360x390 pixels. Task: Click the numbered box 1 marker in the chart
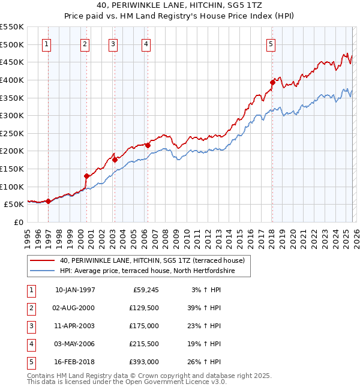pos(47,44)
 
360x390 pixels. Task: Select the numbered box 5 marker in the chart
pos(271,44)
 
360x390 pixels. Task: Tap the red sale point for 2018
pos(272,82)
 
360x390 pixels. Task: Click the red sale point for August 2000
pos(86,176)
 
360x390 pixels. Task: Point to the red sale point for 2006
pos(148,145)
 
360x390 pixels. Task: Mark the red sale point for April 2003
pos(115,160)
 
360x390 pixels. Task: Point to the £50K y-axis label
pos(14,205)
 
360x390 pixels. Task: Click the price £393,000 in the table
pos(144,362)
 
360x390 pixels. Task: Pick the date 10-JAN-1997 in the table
pos(75,290)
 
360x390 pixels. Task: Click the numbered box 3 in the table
pos(31,326)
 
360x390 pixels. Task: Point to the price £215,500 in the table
pos(144,344)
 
